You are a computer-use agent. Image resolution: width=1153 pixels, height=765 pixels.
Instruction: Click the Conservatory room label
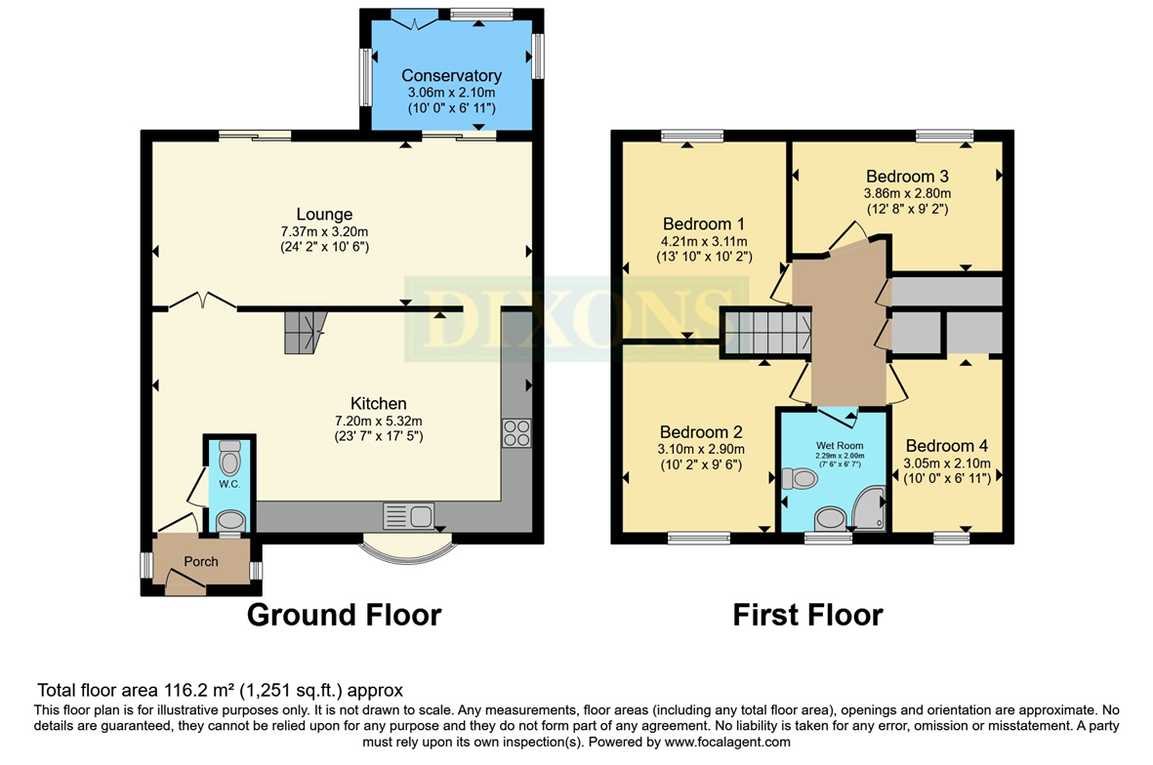(451, 75)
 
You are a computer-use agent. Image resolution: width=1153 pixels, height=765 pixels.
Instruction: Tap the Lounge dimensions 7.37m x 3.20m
(324, 231)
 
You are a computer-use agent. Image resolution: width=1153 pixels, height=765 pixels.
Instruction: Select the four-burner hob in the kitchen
(516, 433)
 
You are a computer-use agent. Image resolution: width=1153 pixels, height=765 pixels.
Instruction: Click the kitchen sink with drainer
(409, 516)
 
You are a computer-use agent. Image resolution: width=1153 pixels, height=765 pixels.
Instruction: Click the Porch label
(201, 561)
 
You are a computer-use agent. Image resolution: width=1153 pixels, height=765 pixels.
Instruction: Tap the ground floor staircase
(305, 332)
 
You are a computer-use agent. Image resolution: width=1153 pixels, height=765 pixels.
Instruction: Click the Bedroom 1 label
(703, 223)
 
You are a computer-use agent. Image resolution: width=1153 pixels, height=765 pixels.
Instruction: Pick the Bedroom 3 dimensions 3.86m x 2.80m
(907, 193)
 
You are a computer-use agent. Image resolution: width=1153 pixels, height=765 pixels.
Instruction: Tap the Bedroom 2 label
(701, 432)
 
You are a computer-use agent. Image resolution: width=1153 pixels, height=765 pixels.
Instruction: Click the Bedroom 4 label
(946, 445)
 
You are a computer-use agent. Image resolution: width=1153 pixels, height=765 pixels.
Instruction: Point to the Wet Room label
(840, 445)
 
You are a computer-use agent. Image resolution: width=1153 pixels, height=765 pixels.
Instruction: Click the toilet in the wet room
(800, 479)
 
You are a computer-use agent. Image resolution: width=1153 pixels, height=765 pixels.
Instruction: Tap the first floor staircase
(766, 332)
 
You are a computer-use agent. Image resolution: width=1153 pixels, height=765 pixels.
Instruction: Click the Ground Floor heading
(344, 615)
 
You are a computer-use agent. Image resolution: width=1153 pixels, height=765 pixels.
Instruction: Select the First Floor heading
(807, 615)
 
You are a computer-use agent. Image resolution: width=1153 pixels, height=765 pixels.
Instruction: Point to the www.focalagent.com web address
(727, 743)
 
